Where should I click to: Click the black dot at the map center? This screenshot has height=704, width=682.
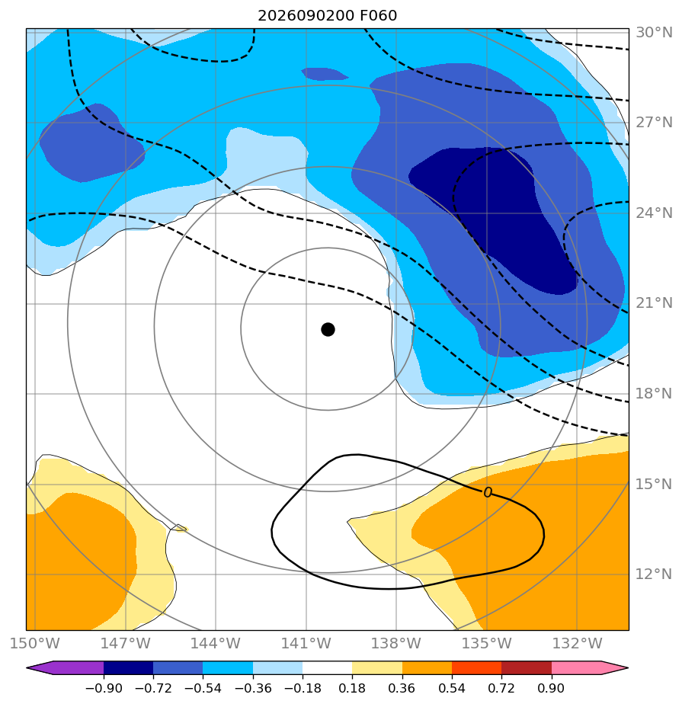coord(328,330)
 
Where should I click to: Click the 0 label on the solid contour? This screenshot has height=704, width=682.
coord(488,492)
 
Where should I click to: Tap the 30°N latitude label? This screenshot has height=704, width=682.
coord(654,32)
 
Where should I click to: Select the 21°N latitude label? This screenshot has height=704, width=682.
coord(654,303)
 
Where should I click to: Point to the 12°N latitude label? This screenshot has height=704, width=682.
coord(654,574)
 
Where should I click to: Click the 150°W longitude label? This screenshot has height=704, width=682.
coord(35,643)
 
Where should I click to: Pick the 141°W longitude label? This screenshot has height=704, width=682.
coord(306,643)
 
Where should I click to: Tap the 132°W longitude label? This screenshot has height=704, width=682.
coord(578,643)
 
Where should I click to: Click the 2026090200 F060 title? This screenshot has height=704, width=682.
coord(328,16)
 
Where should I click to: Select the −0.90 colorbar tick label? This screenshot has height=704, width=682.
coord(104,688)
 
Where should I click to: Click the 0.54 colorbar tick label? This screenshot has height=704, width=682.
coord(452,688)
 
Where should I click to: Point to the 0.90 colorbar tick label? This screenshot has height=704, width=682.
coord(551,688)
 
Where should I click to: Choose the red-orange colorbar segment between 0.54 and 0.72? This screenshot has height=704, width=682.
coord(476,667)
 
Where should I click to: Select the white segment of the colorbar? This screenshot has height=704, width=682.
coord(328,667)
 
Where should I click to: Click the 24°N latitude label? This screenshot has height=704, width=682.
coord(654,213)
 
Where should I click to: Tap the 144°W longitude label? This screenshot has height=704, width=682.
coord(216,643)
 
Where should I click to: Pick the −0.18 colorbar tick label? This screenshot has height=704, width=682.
coord(303,688)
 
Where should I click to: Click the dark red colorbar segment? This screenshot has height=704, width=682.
coord(527,667)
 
